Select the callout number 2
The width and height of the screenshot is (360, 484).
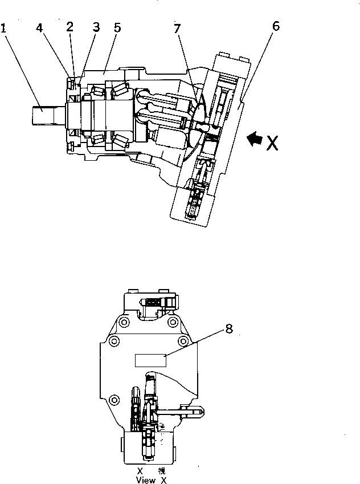tap(69, 26)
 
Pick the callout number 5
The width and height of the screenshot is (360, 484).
tap(116, 27)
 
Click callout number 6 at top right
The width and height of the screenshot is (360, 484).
tap(276, 27)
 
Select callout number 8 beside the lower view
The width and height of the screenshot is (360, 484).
tap(229, 329)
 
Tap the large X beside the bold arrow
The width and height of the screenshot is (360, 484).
tap(272, 142)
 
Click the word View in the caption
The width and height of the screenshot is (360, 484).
tap(146, 480)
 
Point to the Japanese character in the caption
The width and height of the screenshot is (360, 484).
tap(163, 471)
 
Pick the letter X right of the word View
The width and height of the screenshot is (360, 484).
tap(163, 480)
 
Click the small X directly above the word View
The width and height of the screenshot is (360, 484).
tap(140, 471)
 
